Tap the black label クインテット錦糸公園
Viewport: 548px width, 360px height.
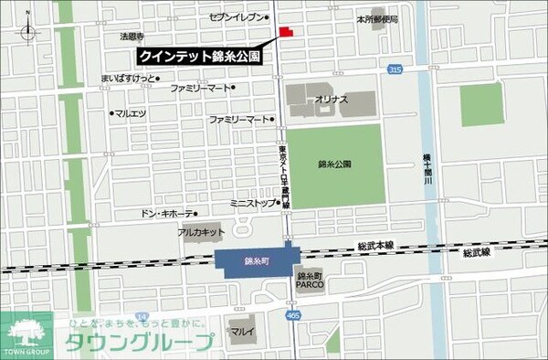point(200,57)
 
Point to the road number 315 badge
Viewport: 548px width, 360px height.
point(394,70)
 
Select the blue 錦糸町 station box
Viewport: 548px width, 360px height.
point(256,261)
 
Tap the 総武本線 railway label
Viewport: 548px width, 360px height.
point(374,246)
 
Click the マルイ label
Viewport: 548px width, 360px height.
point(241,330)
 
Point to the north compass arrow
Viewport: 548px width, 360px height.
point(28,29)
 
